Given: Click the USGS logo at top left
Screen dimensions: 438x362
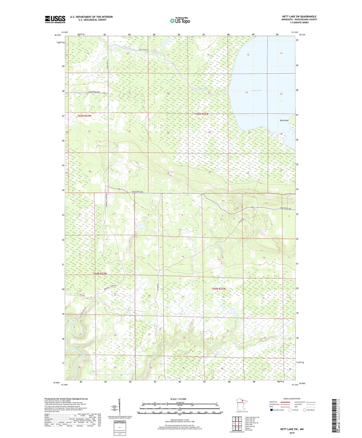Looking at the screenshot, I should coord(55,19).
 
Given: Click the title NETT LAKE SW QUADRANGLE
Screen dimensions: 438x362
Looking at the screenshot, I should coord(299,17).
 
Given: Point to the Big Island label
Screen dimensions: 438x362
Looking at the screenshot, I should coord(284,120).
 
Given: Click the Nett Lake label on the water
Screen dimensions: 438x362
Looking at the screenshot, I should coord(256,90).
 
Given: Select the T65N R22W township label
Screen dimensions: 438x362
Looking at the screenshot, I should coord(202,114).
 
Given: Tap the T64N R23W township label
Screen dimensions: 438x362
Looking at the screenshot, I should coord(100,273).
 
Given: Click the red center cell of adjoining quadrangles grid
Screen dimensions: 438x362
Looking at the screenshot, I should coord(236,423).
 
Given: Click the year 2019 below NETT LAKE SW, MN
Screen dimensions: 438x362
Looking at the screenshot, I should coord(292,433).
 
